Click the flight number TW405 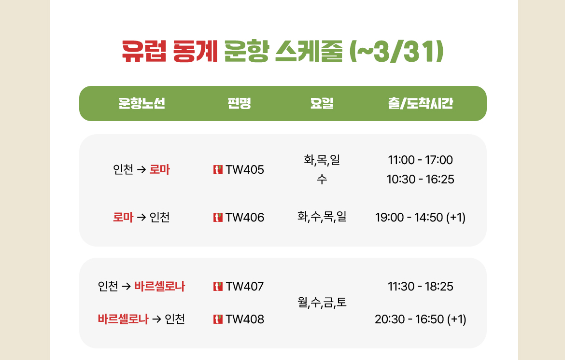point(245,169)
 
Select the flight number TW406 point(245,218)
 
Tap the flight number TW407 point(245,287)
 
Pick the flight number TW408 point(245,319)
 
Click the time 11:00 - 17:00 point(420,160)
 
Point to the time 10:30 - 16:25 point(420,180)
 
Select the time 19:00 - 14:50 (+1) point(420,218)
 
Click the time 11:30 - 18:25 point(420,287)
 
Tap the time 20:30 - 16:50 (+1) point(420,319)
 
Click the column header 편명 point(239,103)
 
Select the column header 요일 point(322,103)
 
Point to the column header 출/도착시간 point(420,103)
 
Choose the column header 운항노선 point(141,103)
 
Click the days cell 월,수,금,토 point(322,303)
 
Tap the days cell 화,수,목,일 point(322,216)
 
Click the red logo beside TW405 point(218,169)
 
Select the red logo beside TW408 point(218,319)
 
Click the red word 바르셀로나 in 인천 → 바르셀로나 point(159,287)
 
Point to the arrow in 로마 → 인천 point(141,218)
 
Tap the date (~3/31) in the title point(396,51)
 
